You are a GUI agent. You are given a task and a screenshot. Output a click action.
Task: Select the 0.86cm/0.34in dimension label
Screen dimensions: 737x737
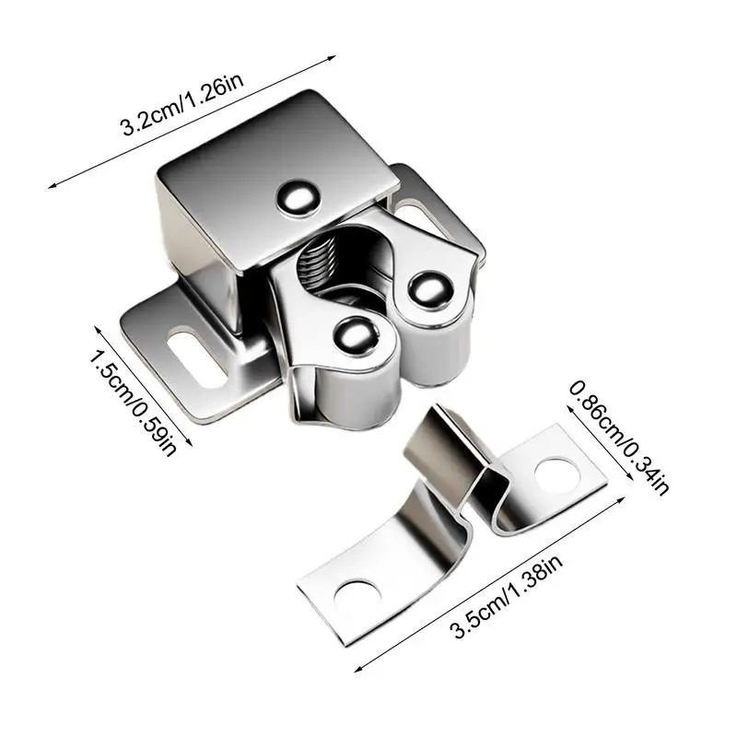pos(618,437)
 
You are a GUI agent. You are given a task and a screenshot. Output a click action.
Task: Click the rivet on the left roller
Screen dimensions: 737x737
pos(354,335)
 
